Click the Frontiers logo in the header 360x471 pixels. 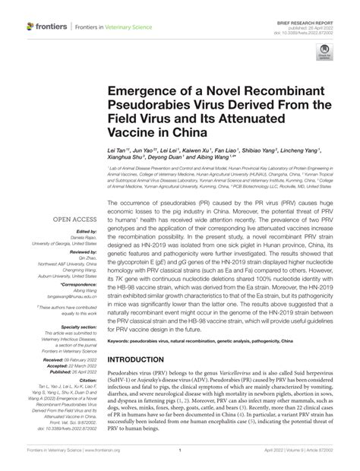click(46, 27)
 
